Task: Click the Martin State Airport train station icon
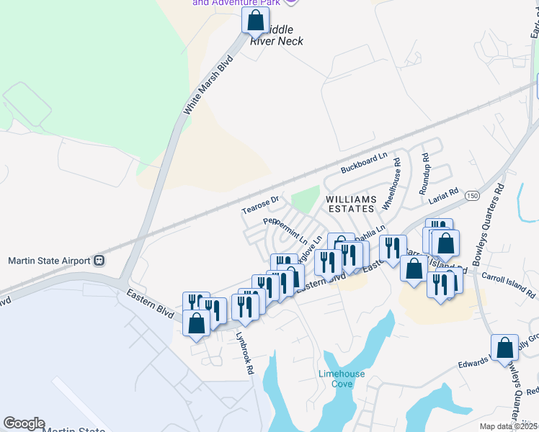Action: coord(99,261)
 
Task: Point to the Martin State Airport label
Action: coord(49,261)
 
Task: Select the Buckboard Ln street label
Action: coord(365,161)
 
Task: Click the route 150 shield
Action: coord(472,196)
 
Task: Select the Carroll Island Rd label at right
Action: coord(509,286)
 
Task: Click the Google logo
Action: coord(24,423)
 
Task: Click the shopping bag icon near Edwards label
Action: coord(504,348)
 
